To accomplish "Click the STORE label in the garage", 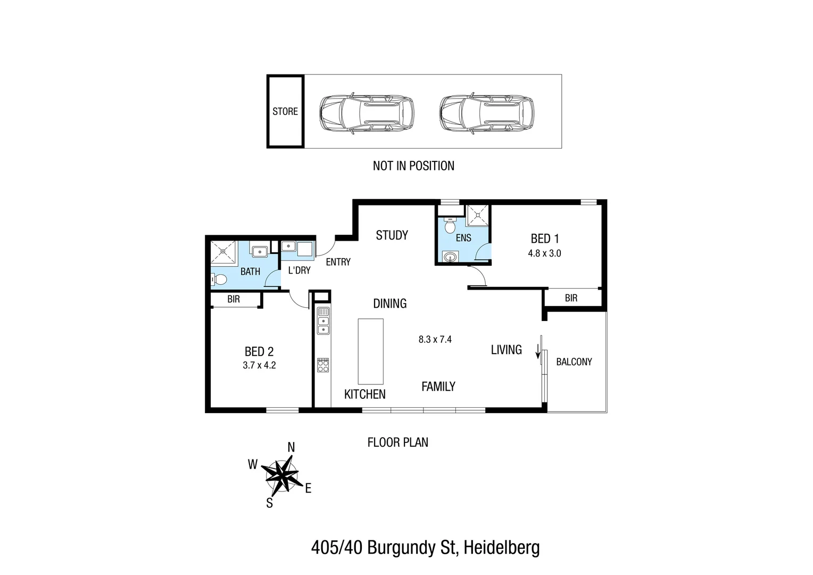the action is pyautogui.click(x=285, y=111).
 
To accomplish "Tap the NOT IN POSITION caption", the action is pyautogui.click(x=413, y=166).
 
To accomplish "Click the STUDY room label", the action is pyautogui.click(x=392, y=235).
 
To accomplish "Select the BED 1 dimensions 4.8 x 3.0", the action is pyautogui.click(x=544, y=253).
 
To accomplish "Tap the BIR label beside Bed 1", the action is pyautogui.click(x=571, y=298).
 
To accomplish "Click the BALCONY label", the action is pyautogui.click(x=574, y=362).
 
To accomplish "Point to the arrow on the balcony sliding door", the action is pyautogui.click(x=538, y=351).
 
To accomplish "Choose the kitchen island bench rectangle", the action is pyautogui.click(x=370, y=351).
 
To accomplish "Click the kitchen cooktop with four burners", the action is pyautogui.click(x=323, y=365).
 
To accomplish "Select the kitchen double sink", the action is pyautogui.click(x=323, y=321).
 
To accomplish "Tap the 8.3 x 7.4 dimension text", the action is pyautogui.click(x=435, y=339).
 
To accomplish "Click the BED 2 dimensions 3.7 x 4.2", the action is pyautogui.click(x=259, y=365).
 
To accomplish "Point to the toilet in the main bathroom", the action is pyautogui.click(x=219, y=279).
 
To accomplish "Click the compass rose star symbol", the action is pyautogui.click(x=281, y=475).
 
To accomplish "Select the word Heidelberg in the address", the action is pyautogui.click(x=502, y=547).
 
